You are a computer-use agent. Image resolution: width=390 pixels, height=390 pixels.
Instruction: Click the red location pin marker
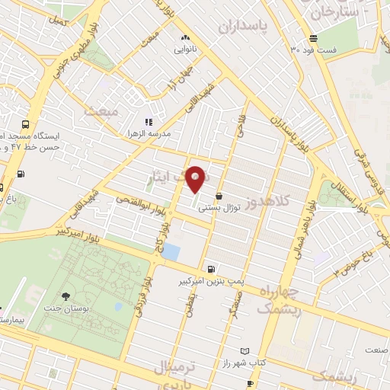196,178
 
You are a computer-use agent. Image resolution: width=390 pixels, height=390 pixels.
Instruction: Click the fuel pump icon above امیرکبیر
211,269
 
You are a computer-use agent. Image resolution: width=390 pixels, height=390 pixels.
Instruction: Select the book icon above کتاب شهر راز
244,351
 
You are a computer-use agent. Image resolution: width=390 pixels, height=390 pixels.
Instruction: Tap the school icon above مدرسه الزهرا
149,121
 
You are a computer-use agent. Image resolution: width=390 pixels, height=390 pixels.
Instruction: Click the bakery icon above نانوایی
185,37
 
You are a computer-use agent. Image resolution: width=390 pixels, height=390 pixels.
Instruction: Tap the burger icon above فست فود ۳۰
313,38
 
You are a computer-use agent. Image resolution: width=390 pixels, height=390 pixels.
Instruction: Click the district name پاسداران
243,27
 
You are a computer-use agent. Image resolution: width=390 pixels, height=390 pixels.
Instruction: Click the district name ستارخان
329,13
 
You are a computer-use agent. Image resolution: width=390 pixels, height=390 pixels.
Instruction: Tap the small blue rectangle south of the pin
172,251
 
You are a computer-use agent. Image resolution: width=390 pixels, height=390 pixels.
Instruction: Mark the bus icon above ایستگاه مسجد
26,123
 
